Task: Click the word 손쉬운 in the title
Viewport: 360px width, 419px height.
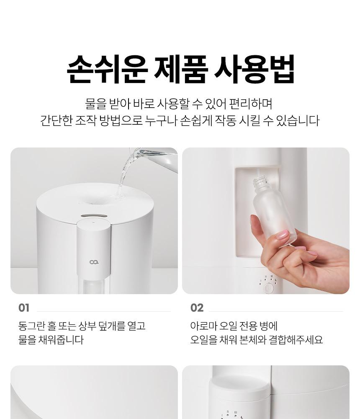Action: coord(107,69)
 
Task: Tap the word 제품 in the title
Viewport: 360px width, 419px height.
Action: coord(181,69)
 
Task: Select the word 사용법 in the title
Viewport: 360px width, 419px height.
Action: coord(255,69)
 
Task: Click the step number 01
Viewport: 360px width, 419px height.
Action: coord(24,308)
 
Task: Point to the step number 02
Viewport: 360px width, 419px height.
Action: coord(197,308)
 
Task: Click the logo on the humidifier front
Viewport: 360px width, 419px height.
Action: coord(94,262)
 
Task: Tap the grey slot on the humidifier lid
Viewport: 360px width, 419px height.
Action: coord(94,216)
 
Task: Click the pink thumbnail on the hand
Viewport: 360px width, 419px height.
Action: coord(282,234)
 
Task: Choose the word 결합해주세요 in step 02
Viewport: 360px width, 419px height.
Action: coord(296,340)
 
